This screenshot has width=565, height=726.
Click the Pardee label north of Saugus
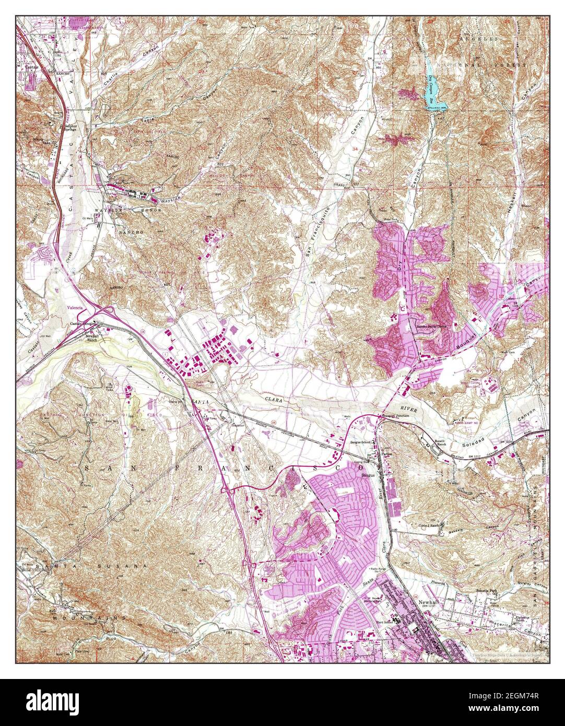386,454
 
